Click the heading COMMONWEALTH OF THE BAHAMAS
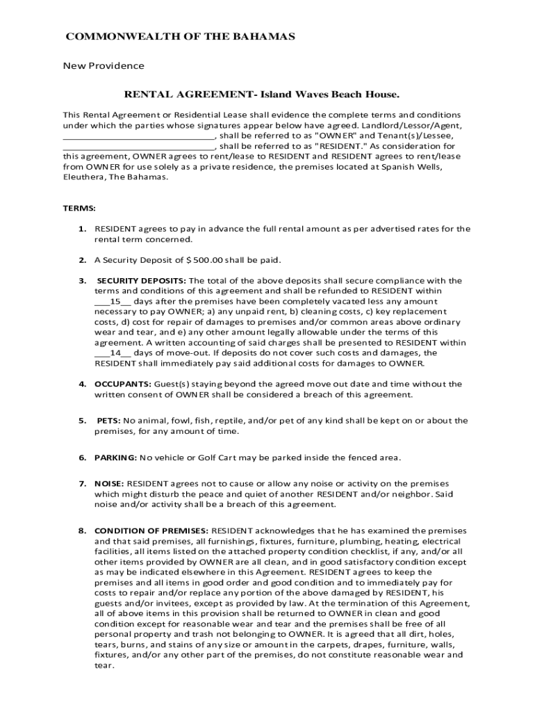point(180,36)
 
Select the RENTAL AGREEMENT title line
point(262,94)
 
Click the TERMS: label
point(80,208)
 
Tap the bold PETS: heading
point(108,421)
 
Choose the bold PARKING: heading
point(115,457)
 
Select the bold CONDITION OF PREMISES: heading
point(151,531)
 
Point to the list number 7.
point(81,483)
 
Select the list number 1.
point(81,229)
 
